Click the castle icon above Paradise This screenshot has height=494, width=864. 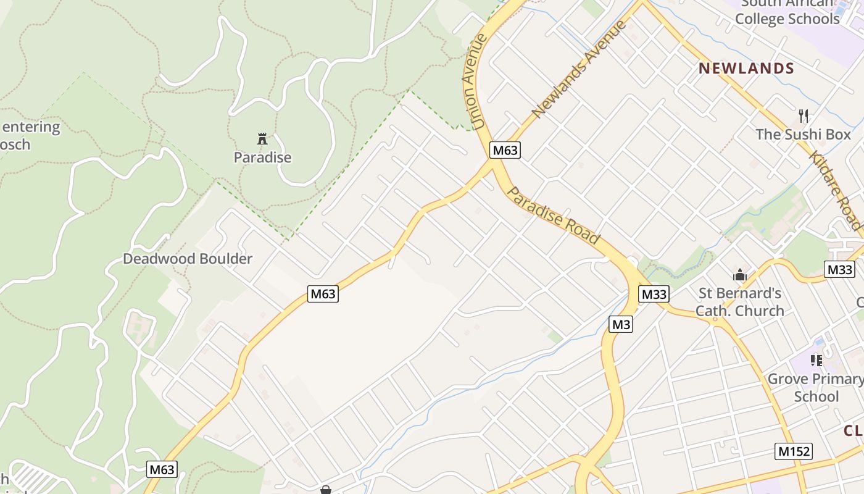[x=262, y=139]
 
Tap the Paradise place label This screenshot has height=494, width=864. [x=262, y=157]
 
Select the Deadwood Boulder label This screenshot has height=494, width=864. [x=188, y=259]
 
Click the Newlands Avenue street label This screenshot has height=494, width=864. [x=578, y=69]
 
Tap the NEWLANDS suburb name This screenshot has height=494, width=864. [x=746, y=69]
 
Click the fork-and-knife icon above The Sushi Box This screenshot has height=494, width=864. [x=803, y=115]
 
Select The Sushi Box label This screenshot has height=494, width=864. [x=803, y=134]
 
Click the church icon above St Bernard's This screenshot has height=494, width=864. [x=739, y=275]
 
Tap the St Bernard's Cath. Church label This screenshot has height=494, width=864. [x=739, y=302]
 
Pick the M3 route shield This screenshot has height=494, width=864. [x=621, y=324]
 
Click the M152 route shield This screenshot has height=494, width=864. [x=793, y=451]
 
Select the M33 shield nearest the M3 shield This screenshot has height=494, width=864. [x=654, y=294]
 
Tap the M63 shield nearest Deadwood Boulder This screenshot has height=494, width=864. [x=323, y=294]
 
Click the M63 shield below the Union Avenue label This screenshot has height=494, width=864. [x=505, y=150]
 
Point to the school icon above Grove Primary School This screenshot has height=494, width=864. [x=816, y=360]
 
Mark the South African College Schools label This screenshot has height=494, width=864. [x=787, y=12]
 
